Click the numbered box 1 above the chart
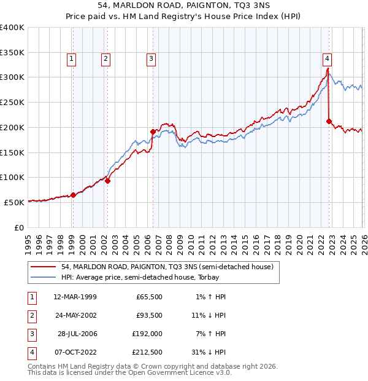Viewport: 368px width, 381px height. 72,59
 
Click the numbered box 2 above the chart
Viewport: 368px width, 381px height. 105,59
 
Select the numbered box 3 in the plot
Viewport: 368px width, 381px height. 151,59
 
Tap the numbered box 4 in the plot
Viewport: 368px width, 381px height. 328,59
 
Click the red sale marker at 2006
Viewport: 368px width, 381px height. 153,131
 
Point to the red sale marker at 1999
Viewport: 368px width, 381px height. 73,195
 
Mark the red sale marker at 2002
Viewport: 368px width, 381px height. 107,181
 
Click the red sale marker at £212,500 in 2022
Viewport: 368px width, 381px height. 329,121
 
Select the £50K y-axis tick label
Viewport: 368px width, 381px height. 15,202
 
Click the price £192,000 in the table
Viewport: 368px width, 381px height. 148,334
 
